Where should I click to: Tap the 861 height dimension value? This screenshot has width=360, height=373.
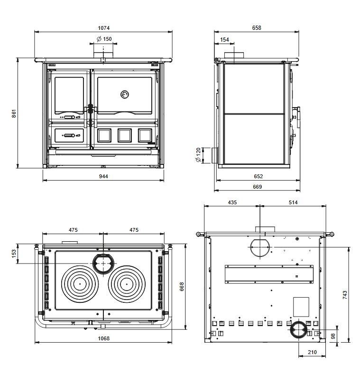[15, 113]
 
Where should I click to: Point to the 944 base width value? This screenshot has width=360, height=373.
[104, 176]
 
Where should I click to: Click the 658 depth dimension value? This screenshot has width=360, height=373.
[256, 28]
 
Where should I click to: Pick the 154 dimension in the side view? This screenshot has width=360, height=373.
[225, 40]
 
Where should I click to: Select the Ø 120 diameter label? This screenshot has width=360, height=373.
[198, 155]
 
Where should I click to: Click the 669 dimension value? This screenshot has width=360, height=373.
[257, 187]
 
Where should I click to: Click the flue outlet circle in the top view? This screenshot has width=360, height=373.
[103, 263]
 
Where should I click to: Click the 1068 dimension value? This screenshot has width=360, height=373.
[103, 338]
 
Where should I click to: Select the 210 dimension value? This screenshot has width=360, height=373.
[312, 352]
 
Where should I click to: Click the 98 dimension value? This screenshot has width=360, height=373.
[333, 336]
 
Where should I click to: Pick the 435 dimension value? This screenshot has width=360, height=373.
[232, 202]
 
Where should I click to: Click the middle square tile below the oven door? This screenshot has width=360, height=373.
[125, 135]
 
